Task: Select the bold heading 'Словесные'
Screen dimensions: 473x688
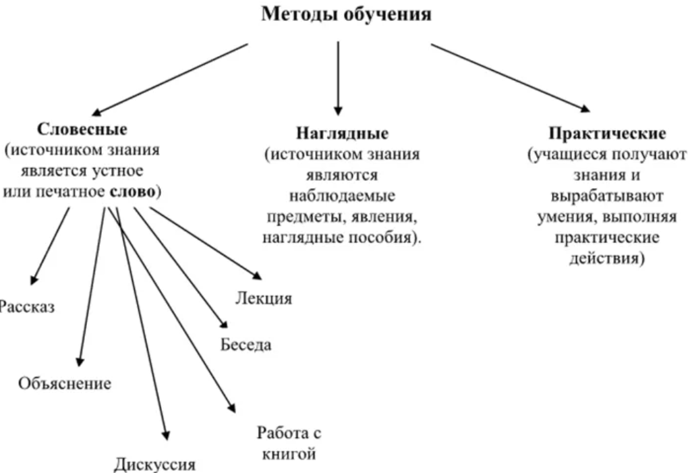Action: pos(82,128)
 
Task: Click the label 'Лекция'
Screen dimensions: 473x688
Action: pos(264,298)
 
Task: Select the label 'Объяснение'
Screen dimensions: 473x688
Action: pos(65,384)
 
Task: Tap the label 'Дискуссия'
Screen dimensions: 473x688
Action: pos(154,464)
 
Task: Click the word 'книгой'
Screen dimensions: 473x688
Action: pos(286,453)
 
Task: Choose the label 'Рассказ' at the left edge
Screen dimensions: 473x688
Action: pos(26,307)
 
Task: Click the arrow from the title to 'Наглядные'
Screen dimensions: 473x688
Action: pos(338,78)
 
